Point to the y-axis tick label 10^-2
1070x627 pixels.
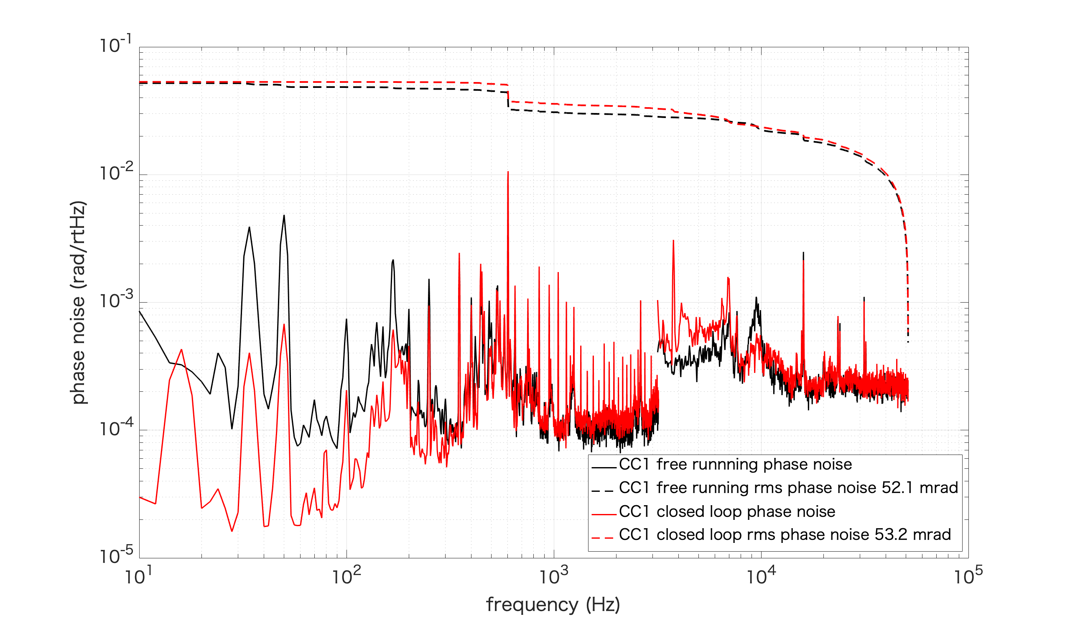115,172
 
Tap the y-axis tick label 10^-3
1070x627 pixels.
115,300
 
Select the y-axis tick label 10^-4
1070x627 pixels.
115,428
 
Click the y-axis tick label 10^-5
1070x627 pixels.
115,555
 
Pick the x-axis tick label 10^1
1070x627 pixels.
138,576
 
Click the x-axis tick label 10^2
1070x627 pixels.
346,576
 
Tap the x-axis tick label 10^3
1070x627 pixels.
553,576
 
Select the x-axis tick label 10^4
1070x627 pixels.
760,576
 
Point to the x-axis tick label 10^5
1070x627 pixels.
968,576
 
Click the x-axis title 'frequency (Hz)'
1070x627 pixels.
553,604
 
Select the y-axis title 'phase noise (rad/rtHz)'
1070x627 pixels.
78,302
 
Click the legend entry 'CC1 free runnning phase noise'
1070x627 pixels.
735,464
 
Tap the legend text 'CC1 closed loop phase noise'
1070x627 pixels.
727,511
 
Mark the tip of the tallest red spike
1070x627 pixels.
508,172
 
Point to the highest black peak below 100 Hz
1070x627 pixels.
284,216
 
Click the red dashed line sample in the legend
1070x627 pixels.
602,538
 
